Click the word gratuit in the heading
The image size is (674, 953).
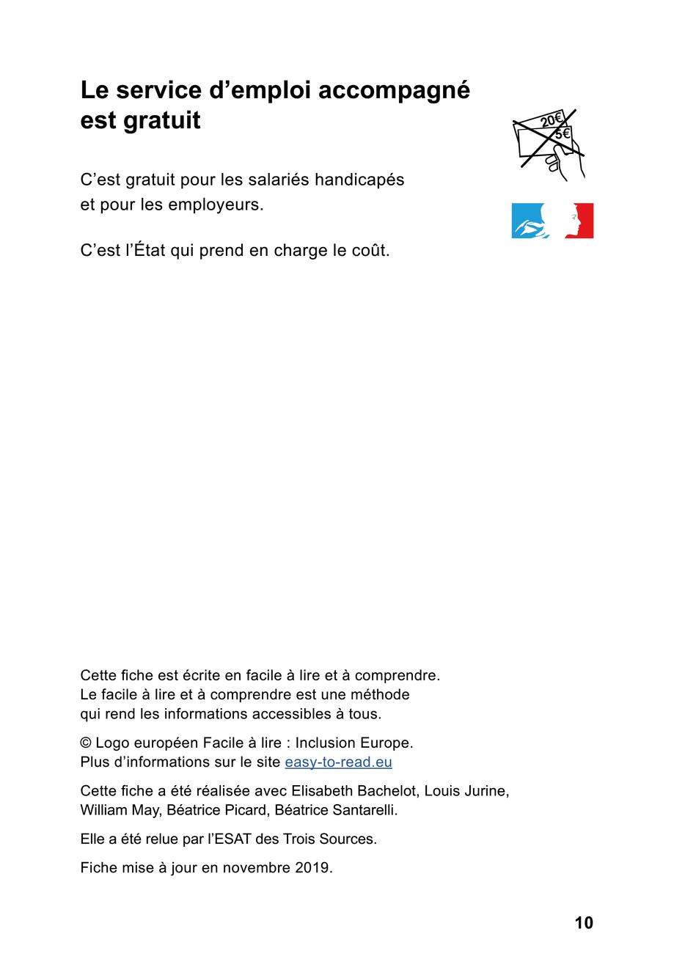161,120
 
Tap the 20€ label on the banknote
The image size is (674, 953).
551,121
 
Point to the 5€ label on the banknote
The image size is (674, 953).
563,134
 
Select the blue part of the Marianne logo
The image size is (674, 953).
527,221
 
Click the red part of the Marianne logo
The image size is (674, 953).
583,221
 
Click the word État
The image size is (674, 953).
151,250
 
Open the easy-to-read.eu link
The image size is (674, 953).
338,762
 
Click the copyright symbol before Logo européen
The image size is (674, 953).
86,743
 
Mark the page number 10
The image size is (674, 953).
583,923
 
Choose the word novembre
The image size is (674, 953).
256,868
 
